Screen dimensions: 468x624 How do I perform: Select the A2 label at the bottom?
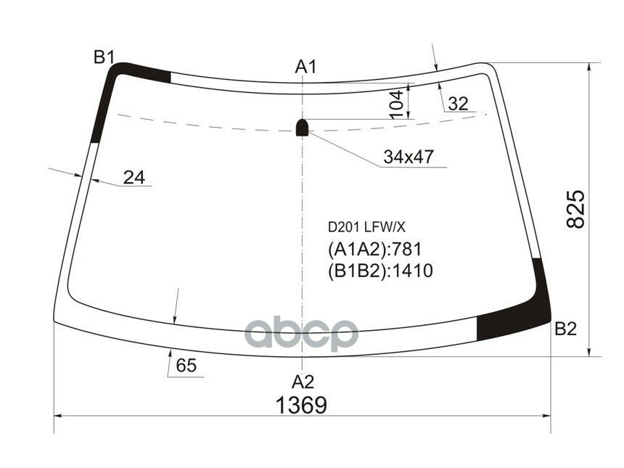303,382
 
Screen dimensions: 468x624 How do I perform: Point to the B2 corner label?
565,329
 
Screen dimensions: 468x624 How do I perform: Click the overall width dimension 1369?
300,406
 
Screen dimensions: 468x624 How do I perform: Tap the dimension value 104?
396,104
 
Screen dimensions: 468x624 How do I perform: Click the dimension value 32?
458,104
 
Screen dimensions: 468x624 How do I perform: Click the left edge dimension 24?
134,176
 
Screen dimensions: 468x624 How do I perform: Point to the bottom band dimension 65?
186,366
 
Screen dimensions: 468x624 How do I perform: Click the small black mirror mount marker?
303,128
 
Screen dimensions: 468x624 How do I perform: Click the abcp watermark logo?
301,334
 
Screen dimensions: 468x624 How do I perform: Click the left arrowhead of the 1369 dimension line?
59,416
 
